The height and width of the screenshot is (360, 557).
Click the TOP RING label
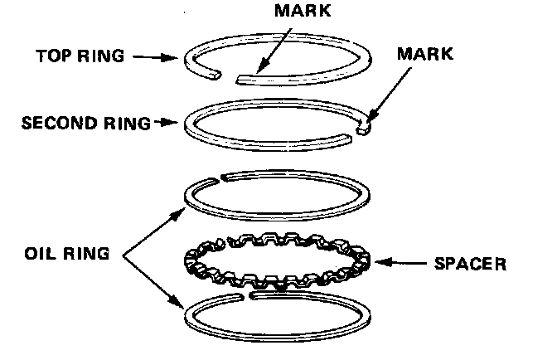[80, 57]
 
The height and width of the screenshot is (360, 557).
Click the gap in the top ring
[228, 75]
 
